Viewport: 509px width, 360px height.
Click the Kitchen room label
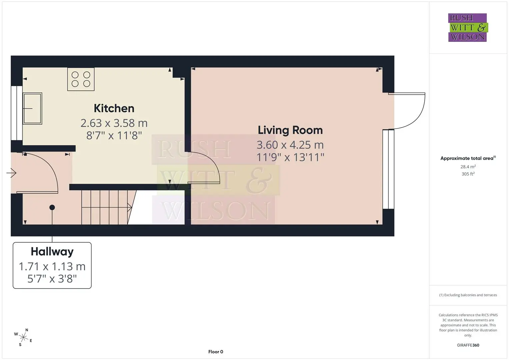(x=114, y=108)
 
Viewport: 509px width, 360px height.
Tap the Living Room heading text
(x=290, y=130)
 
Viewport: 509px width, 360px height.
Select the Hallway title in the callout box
(x=52, y=252)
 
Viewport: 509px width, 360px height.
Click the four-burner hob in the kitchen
(x=81, y=79)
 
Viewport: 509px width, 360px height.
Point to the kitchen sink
(x=32, y=108)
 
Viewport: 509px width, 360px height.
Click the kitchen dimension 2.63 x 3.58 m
(x=114, y=123)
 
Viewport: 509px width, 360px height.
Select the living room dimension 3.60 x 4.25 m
(x=290, y=145)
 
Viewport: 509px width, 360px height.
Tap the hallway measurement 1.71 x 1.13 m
(x=52, y=266)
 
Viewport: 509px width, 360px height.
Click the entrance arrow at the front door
(x=11, y=173)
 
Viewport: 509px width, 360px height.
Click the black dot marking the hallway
(x=52, y=207)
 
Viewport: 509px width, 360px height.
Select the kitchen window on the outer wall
(x=17, y=113)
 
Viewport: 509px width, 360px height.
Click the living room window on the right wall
(x=388, y=169)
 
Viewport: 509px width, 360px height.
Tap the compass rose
(x=23, y=337)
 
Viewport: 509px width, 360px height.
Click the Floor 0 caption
(x=216, y=352)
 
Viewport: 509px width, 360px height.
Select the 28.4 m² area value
(x=468, y=167)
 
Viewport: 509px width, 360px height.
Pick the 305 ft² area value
(x=468, y=174)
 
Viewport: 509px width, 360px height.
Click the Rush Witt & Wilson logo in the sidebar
(x=468, y=27)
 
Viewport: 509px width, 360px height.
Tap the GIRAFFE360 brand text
(x=468, y=345)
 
